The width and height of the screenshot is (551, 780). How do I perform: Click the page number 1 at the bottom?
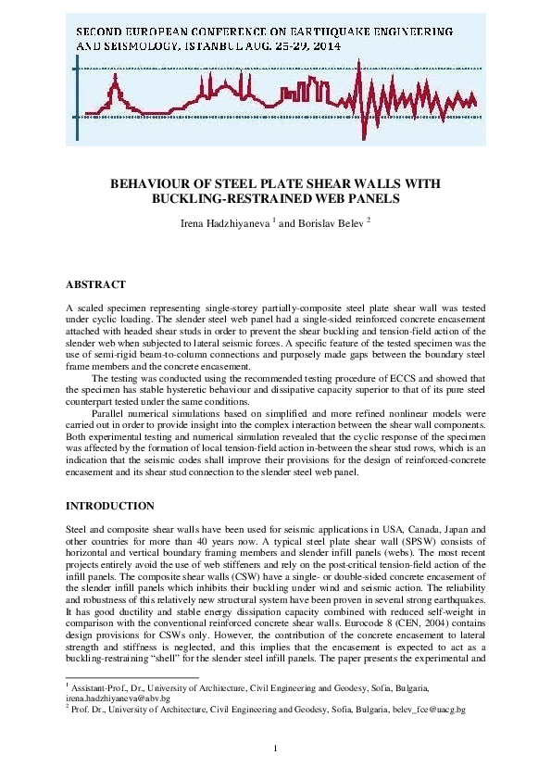coord(275,748)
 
